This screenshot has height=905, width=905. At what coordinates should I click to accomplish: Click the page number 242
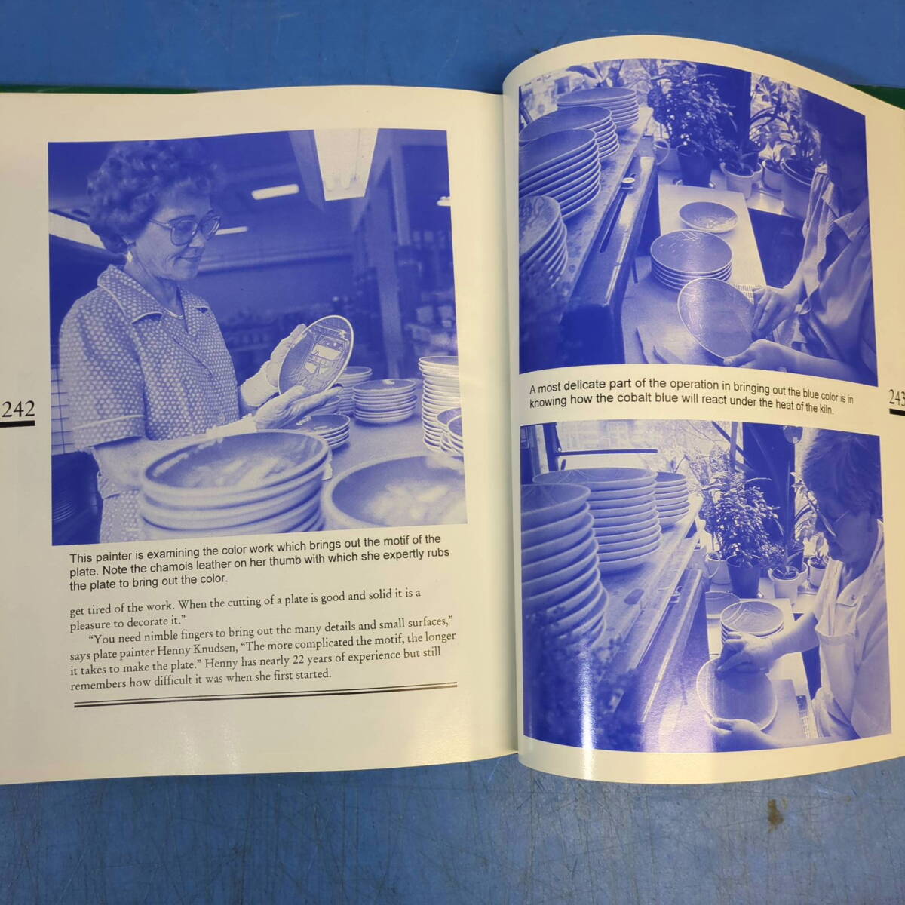(18, 409)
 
